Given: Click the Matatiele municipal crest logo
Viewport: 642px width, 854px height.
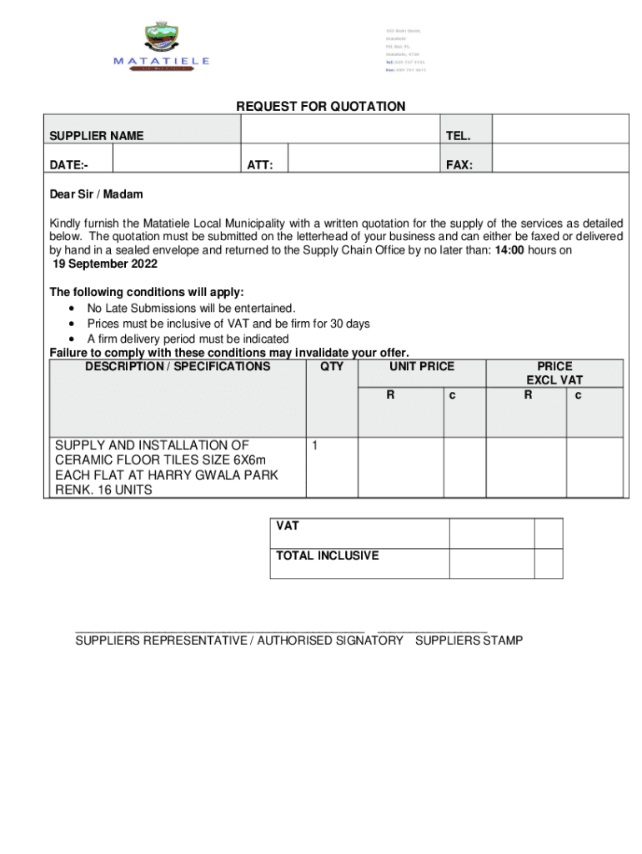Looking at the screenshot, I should (162, 38).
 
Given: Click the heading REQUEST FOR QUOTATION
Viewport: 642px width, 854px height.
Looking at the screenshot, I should (321, 107).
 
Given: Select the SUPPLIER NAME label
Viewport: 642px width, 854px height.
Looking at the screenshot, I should (96, 135).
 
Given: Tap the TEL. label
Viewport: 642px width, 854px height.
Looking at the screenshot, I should (459, 135).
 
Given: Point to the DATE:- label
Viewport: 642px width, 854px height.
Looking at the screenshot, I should (69, 165).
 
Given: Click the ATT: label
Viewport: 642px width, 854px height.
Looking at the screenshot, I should (260, 165).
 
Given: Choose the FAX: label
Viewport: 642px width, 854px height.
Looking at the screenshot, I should (459, 165).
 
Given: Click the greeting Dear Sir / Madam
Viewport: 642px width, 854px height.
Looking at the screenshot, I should (96, 194).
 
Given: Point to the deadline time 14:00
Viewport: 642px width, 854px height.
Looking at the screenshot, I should (509, 250).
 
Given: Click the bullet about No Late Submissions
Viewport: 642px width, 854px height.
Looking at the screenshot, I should (191, 309).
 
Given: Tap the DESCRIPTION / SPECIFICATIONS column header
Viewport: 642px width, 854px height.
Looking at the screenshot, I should (178, 366).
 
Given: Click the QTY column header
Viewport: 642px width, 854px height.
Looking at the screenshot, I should (331, 366).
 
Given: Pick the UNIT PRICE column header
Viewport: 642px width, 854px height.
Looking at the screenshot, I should (421, 366).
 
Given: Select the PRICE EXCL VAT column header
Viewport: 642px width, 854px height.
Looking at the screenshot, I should (554, 373).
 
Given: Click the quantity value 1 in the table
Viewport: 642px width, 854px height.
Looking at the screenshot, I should (313, 446).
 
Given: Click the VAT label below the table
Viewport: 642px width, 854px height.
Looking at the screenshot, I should (288, 526).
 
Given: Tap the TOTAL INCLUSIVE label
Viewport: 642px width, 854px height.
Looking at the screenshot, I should (328, 555).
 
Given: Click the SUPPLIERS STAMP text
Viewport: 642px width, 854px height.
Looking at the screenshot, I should (469, 640).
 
